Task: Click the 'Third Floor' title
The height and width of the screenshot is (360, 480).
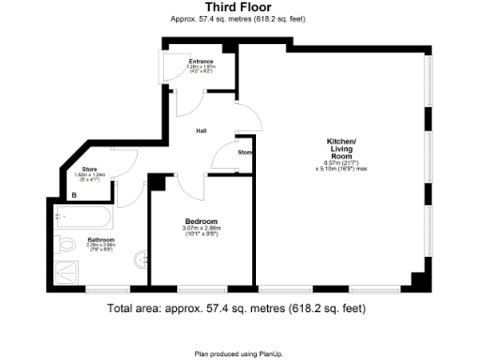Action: coord(239,7)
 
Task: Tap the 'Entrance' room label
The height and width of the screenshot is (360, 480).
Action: coord(200,63)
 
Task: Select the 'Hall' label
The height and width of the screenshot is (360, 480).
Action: coord(201,131)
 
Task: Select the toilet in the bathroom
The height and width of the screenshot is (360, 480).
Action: coord(66,246)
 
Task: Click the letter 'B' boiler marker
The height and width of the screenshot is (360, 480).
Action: coord(74,194)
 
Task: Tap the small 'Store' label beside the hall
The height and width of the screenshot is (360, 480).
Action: coord(245,151)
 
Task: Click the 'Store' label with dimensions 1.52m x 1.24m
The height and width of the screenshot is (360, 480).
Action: coord(84,171)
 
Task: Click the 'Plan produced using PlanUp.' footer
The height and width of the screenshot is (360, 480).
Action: coord(239,353)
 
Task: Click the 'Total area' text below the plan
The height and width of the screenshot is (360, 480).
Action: coord(236,307)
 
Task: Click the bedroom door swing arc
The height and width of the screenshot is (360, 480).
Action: coord(187,188)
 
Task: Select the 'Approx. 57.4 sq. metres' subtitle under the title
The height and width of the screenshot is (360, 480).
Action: coord(239,19)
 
